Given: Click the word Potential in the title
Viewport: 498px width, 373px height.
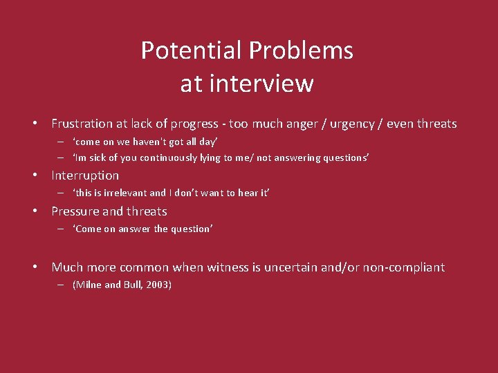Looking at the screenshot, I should [x=192, y=50].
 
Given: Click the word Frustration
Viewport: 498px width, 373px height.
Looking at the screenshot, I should [x=82, y=124].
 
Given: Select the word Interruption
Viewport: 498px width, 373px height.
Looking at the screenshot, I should [x=85, y=175].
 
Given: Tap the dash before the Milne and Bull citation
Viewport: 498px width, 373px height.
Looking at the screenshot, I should [x=61, y=285].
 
